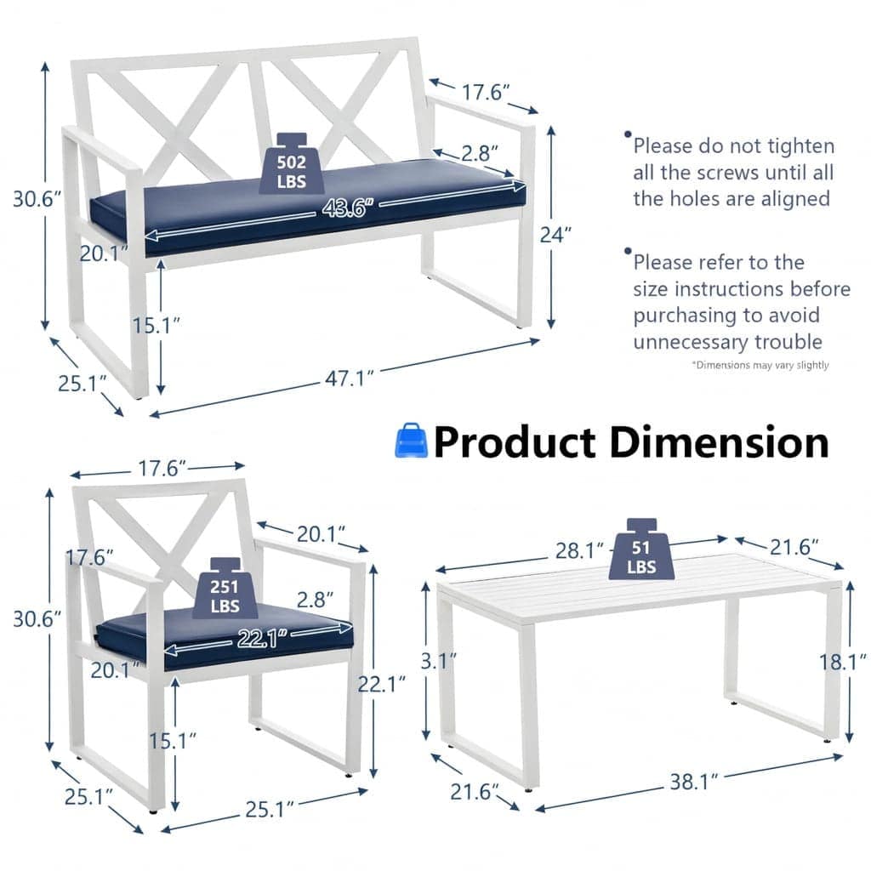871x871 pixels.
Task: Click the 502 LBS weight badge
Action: point(292,164)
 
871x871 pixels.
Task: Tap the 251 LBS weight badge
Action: point(225,589)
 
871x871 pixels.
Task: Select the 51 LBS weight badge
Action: point(641,549)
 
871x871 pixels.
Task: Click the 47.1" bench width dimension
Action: point(350,379)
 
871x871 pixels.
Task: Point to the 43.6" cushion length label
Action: point(344,208)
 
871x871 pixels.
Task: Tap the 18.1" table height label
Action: point(843,662)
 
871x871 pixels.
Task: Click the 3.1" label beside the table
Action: point(439,661)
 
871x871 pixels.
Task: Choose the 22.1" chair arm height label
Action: point(381,684)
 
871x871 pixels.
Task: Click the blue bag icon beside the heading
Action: point(411,441)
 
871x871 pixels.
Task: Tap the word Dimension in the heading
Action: point(719,442)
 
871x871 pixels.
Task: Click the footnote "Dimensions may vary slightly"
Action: point(760,365)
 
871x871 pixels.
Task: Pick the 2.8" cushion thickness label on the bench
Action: point(480,153)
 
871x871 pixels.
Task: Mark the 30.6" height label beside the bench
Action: point(37,198)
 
